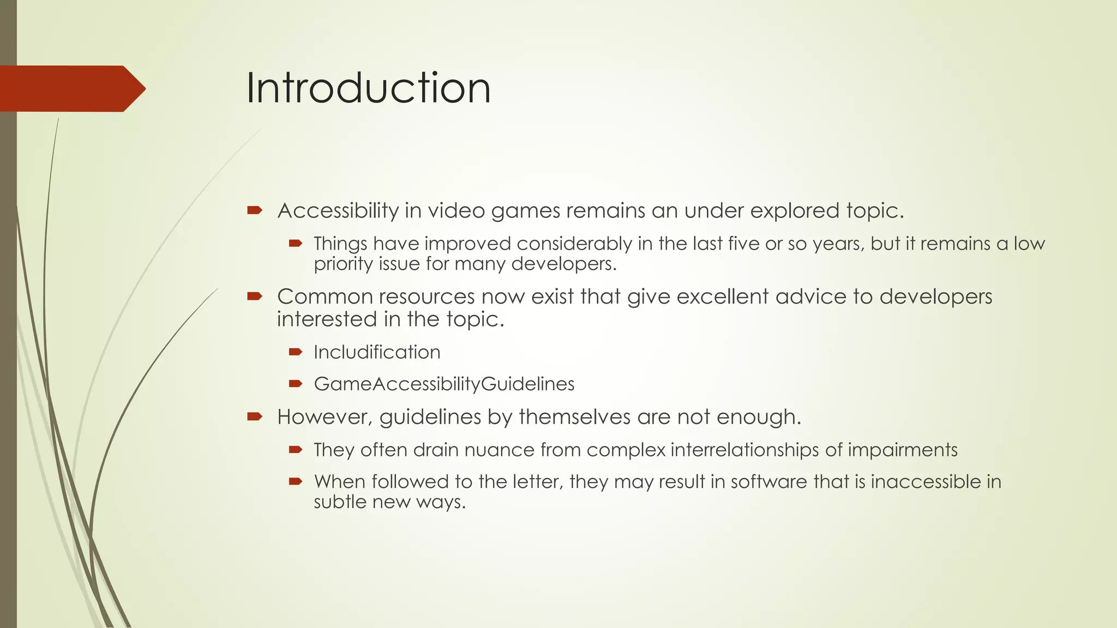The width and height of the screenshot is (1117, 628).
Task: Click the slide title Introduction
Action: (368, 88)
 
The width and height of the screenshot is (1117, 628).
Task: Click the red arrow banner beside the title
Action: (71, 88)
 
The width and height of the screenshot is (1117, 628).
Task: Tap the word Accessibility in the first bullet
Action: (338, 210)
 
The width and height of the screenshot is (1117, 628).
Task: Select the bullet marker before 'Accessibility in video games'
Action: (255, 210)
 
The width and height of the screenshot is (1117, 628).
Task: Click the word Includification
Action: (377, 352)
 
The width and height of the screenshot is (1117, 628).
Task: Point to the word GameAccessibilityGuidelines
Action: (444, 384)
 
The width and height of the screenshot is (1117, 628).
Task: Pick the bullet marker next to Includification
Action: (296, 352)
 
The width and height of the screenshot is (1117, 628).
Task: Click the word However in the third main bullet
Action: (325, 417)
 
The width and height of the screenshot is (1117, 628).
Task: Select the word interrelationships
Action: (744, 450)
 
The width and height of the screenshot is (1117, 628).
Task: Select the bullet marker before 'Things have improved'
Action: (296, 243)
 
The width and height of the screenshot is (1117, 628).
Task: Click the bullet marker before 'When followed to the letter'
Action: (296, 481)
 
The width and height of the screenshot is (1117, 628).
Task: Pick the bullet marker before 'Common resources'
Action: (255, 297)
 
